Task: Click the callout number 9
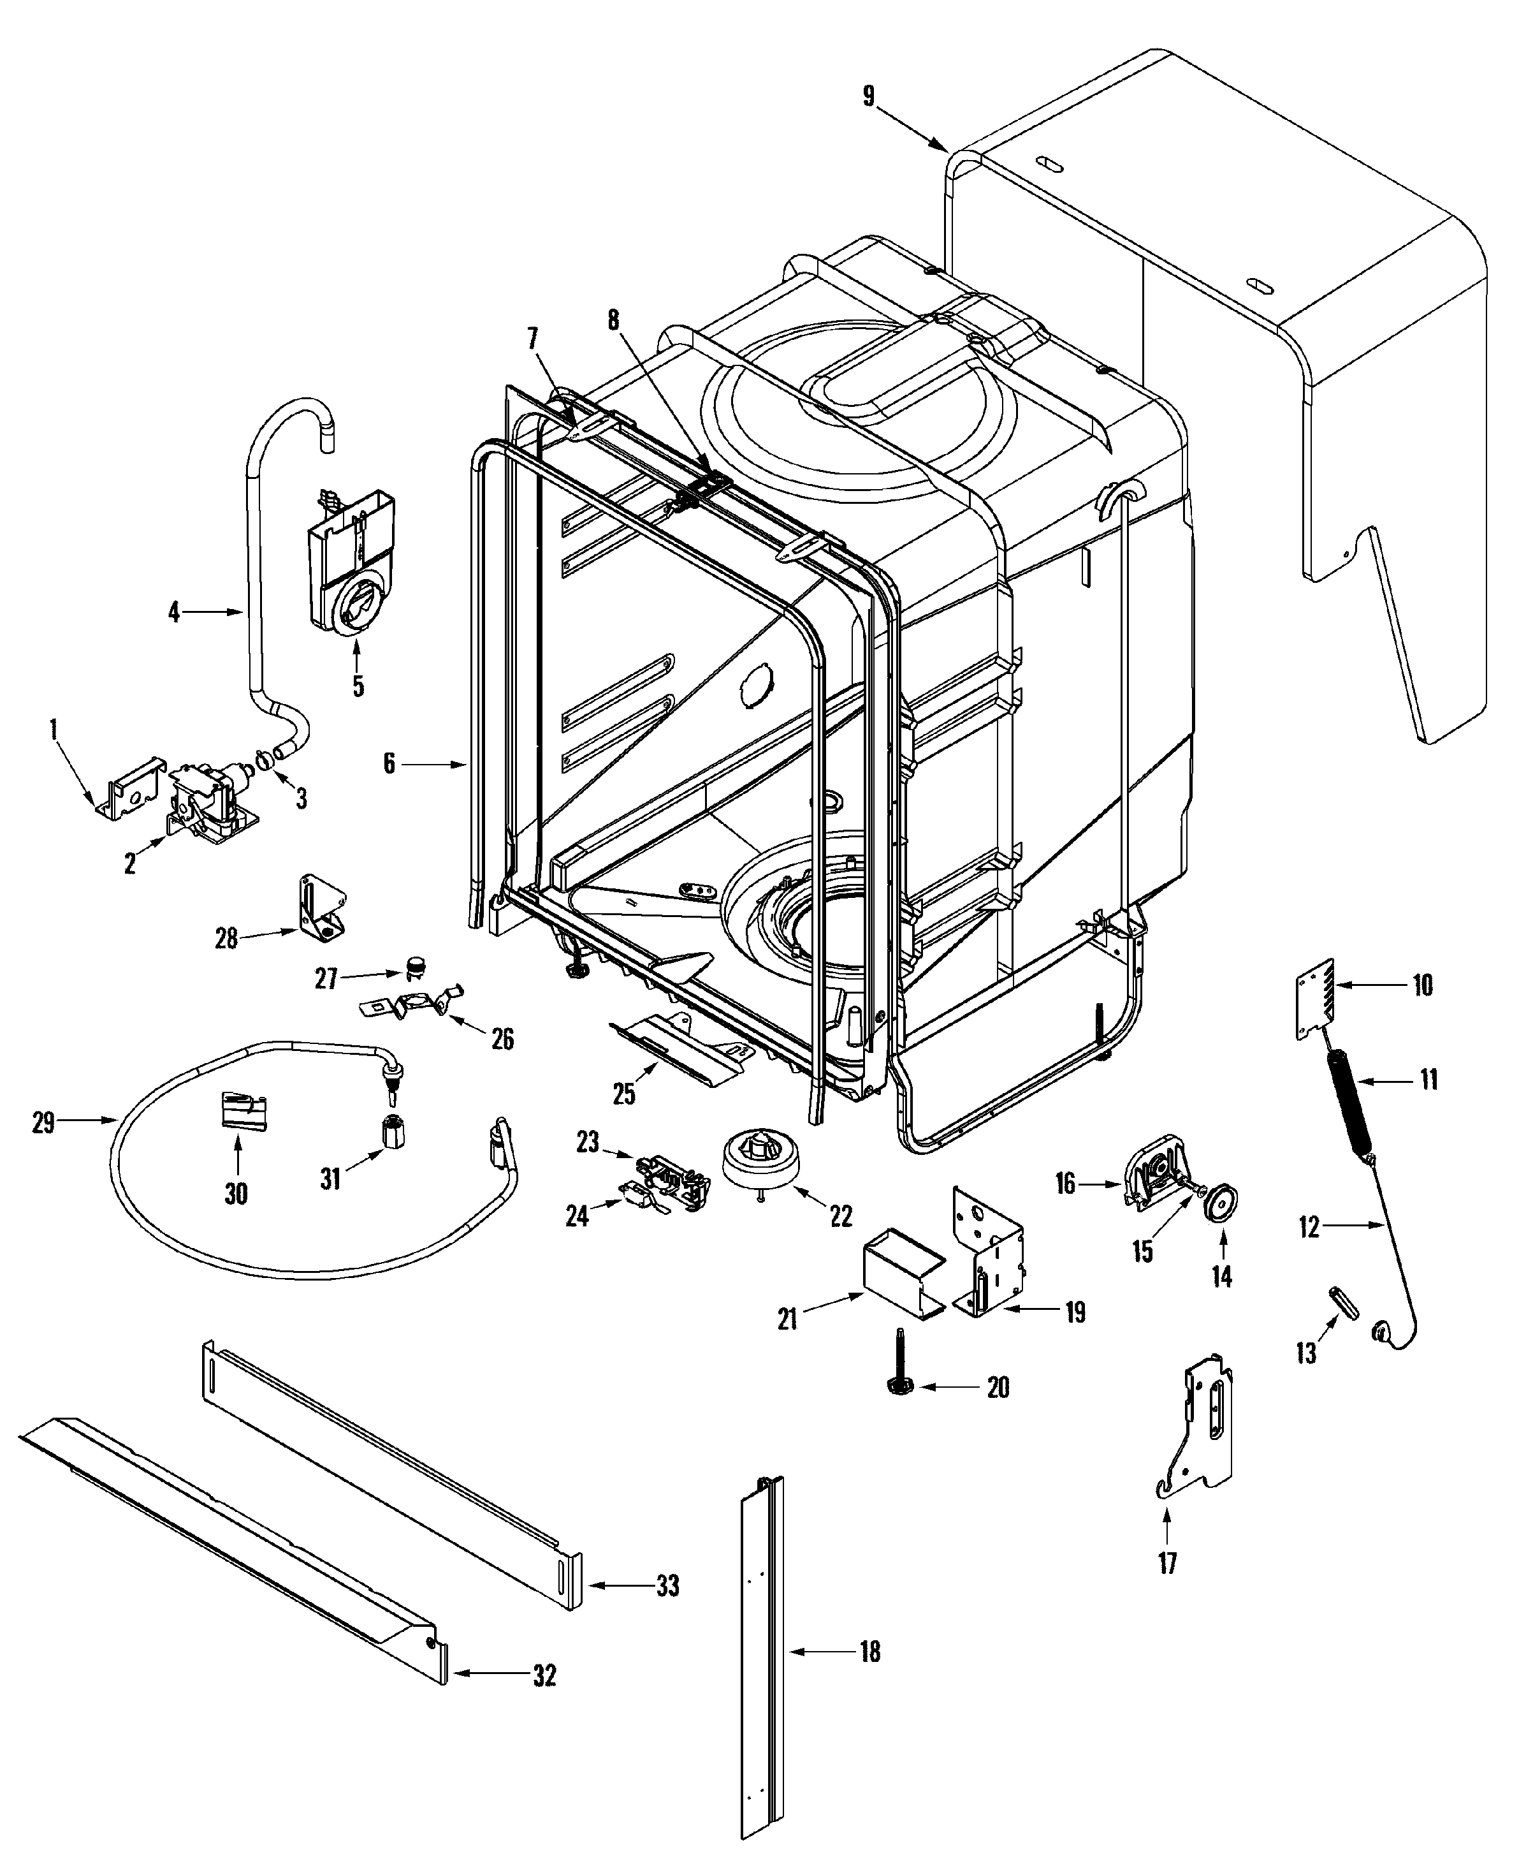(x=868, y=95)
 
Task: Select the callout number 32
(x=545, y=1675)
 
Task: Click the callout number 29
(x=43, y=1123)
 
